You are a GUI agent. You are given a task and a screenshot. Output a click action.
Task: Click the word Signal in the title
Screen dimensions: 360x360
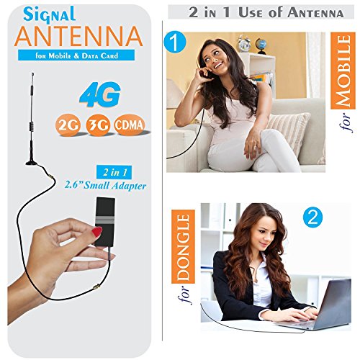pyautogui.click(x=50, y=15)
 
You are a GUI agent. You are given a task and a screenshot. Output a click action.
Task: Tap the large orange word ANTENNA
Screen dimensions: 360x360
pyautogui.click(x=78, y=36)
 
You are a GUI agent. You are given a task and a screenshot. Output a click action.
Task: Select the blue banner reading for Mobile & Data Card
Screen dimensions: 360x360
pyautogui.click(x=76, y=55)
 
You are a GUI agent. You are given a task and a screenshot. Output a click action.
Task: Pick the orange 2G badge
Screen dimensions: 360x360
pyautogui.click(x=68, y=125)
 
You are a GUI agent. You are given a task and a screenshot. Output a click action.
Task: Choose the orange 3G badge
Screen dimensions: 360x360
pyautogui.click(x=98, y=125)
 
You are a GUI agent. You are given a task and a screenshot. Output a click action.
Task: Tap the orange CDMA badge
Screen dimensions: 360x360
pyautogui.click(x=130, y=125)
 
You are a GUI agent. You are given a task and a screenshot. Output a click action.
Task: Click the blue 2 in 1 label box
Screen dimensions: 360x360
pyautogui.click(x=114, y=172)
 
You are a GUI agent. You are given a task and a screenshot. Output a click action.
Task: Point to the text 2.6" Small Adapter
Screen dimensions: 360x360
pyautogui.click(x=106, y=186)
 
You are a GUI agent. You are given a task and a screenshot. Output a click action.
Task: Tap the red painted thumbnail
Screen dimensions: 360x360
pyautogui.click(x=97, y=233)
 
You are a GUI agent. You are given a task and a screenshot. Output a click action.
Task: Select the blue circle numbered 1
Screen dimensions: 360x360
pyautogui.click(x=175, y=42)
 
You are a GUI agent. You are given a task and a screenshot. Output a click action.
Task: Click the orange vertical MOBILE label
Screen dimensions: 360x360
pyautogui.click(x=343, y=71)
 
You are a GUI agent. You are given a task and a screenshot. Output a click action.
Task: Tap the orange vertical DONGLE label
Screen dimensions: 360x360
pyautogui.click(x=183, y=246)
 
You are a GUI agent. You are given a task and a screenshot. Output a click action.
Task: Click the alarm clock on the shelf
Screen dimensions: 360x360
pyautogui.click(x=244, y=43)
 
